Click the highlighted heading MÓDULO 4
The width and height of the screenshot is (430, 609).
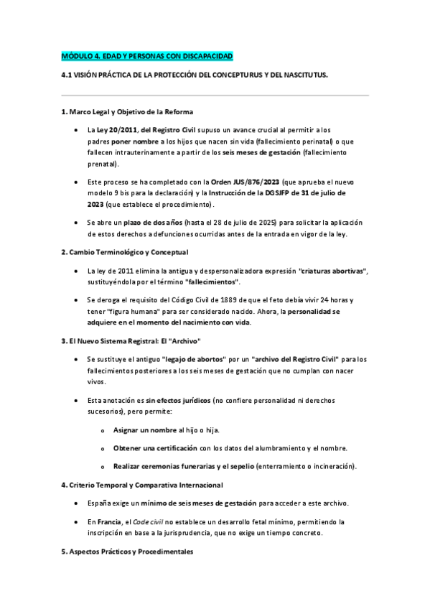tap(147, 56)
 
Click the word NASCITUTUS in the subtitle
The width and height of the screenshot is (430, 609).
tap(299, 75)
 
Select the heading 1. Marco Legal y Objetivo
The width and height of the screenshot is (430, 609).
tap(127, 113)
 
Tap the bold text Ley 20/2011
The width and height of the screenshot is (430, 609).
tap(118, 130)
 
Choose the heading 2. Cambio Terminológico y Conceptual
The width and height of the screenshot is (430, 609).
tap(125, 252)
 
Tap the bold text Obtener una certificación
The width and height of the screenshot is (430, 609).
tap(156, 448)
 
